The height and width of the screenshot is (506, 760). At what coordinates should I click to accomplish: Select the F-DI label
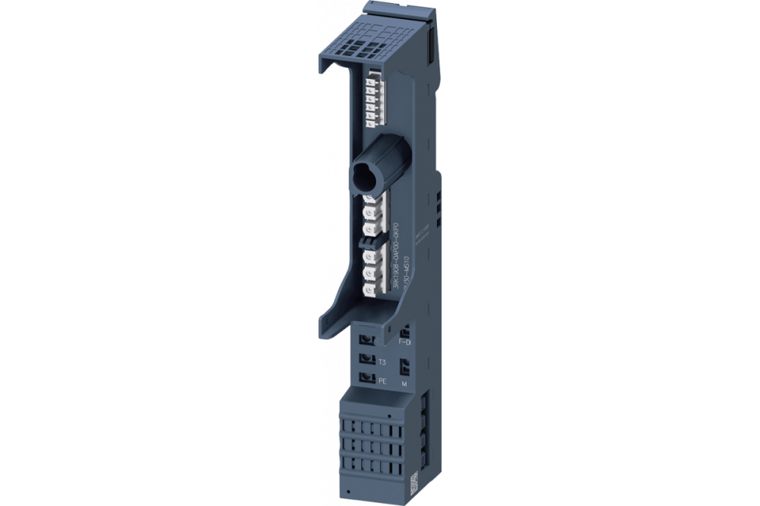[404, 343]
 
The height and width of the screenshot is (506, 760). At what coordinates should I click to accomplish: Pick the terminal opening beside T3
[366, 358]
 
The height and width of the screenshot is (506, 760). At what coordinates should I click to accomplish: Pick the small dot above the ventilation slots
[388, 416]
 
